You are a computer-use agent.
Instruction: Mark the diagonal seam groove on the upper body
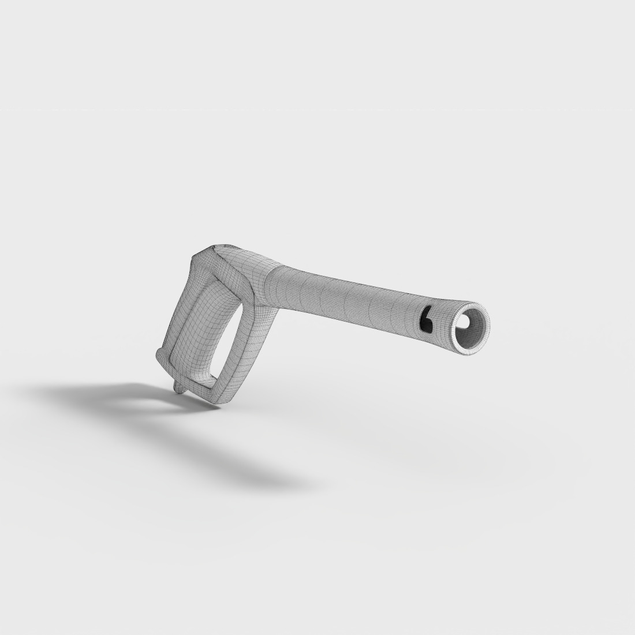point(228,266)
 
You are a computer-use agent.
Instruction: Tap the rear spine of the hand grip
point(173,312)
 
